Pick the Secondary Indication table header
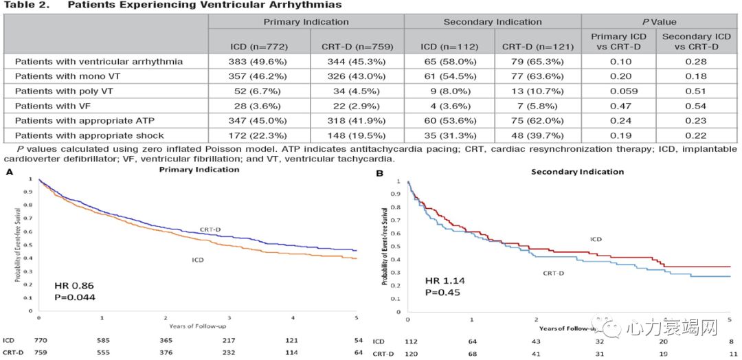click(x=492, y=21)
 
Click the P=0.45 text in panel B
click(x=442, y=293)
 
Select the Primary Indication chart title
click(x=199, y=169)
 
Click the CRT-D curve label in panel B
click(x=554, y=273)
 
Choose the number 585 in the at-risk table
click(x=103, y=339)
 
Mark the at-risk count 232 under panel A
click(x=229, y=352)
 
